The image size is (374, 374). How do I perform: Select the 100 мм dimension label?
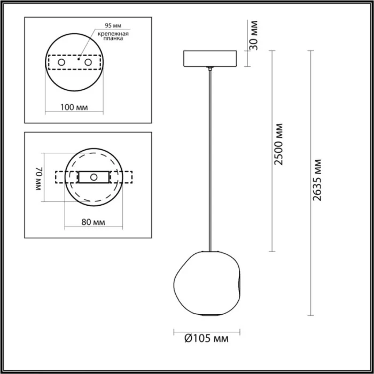pyautogui.click(x=74, y=107)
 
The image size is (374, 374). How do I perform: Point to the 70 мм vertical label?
pyautogui.click(x=38, y=178)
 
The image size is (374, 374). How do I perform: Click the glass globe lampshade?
pyautogui.click(x=209, y=283)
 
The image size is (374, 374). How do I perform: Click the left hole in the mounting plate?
pyautogui.click(x=61, y=63)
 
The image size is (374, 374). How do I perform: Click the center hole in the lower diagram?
pyautogui.click(x=93, y=177)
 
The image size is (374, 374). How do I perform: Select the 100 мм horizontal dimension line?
pyautogui.click(x=74, y=113)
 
